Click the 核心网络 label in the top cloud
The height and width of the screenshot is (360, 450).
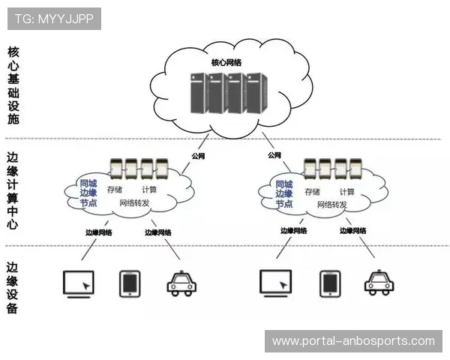[226, 63]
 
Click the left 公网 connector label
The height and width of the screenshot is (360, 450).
[198, 156]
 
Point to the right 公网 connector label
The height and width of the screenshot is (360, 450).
[274, 156]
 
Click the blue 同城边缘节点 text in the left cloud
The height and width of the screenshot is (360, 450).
[88, 193]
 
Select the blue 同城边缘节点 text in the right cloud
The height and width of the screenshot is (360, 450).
[284, 193]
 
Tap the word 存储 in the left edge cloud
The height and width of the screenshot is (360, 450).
[114, 190]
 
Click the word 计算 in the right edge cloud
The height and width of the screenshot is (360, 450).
[346, 191]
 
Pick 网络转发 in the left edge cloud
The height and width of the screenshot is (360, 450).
[135, 204]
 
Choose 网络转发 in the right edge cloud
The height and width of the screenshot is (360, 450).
[332, 204]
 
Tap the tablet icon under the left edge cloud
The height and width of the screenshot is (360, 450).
[130, 283]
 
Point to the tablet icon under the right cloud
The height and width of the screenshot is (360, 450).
[329, 283]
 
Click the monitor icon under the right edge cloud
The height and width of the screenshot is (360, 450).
[277, 284]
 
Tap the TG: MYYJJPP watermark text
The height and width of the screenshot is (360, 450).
[53, 18]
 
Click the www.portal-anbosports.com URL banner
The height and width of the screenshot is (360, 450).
[353, 341]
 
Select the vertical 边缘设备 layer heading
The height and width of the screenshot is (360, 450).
[13, 287]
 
